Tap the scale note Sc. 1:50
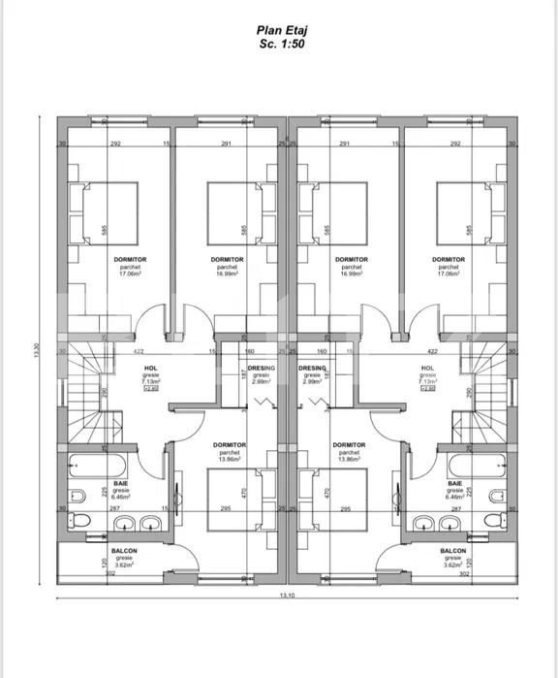tap(279, 45)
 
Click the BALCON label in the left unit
tap(124, 550)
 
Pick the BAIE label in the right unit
tap(453, 483)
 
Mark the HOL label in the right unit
tap(427, 369)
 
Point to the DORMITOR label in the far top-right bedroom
tap(449, 260)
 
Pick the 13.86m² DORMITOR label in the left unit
tap(229, 445)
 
